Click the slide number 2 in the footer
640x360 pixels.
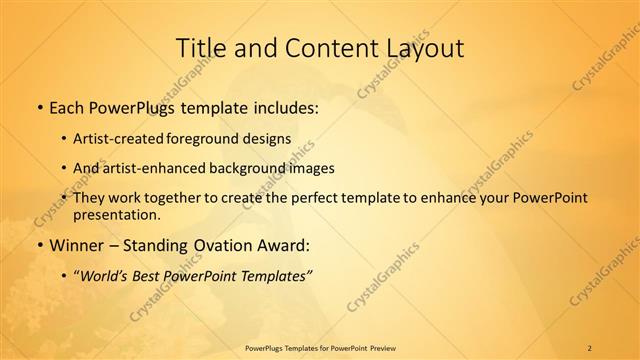tap(589, 347)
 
